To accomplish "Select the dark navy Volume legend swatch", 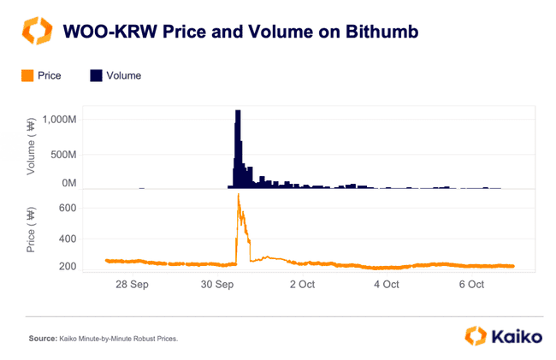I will coord(96,76).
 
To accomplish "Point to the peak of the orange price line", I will coord(238,196).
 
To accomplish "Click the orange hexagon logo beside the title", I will coord(36,32).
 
